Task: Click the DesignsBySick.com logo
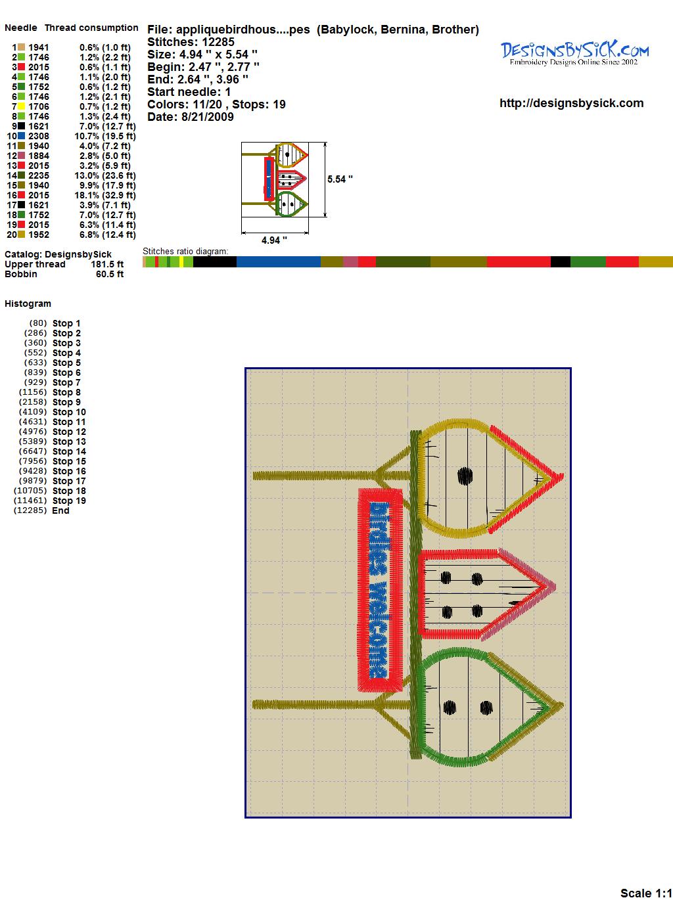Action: pos(574,53)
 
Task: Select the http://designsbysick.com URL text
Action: pos(571,103)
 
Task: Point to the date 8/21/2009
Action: pos(208,117)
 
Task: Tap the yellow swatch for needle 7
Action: pos(22,106)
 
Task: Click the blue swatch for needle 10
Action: pos(22,136)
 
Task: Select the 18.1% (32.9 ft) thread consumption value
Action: pos(105,195)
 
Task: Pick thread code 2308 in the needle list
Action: pos(39,136)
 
